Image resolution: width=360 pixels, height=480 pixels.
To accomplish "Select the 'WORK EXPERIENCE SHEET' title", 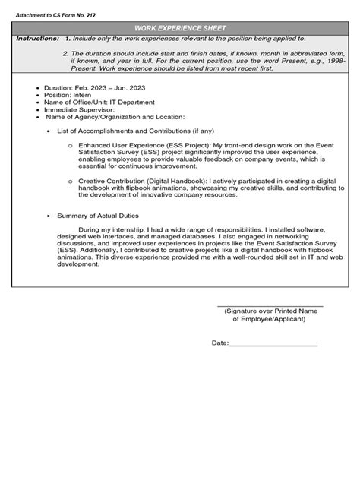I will [180, 27].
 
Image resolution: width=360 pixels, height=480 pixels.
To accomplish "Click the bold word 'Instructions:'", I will [35, 38].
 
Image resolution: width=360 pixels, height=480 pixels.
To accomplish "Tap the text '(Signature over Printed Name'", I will [270, 312].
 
